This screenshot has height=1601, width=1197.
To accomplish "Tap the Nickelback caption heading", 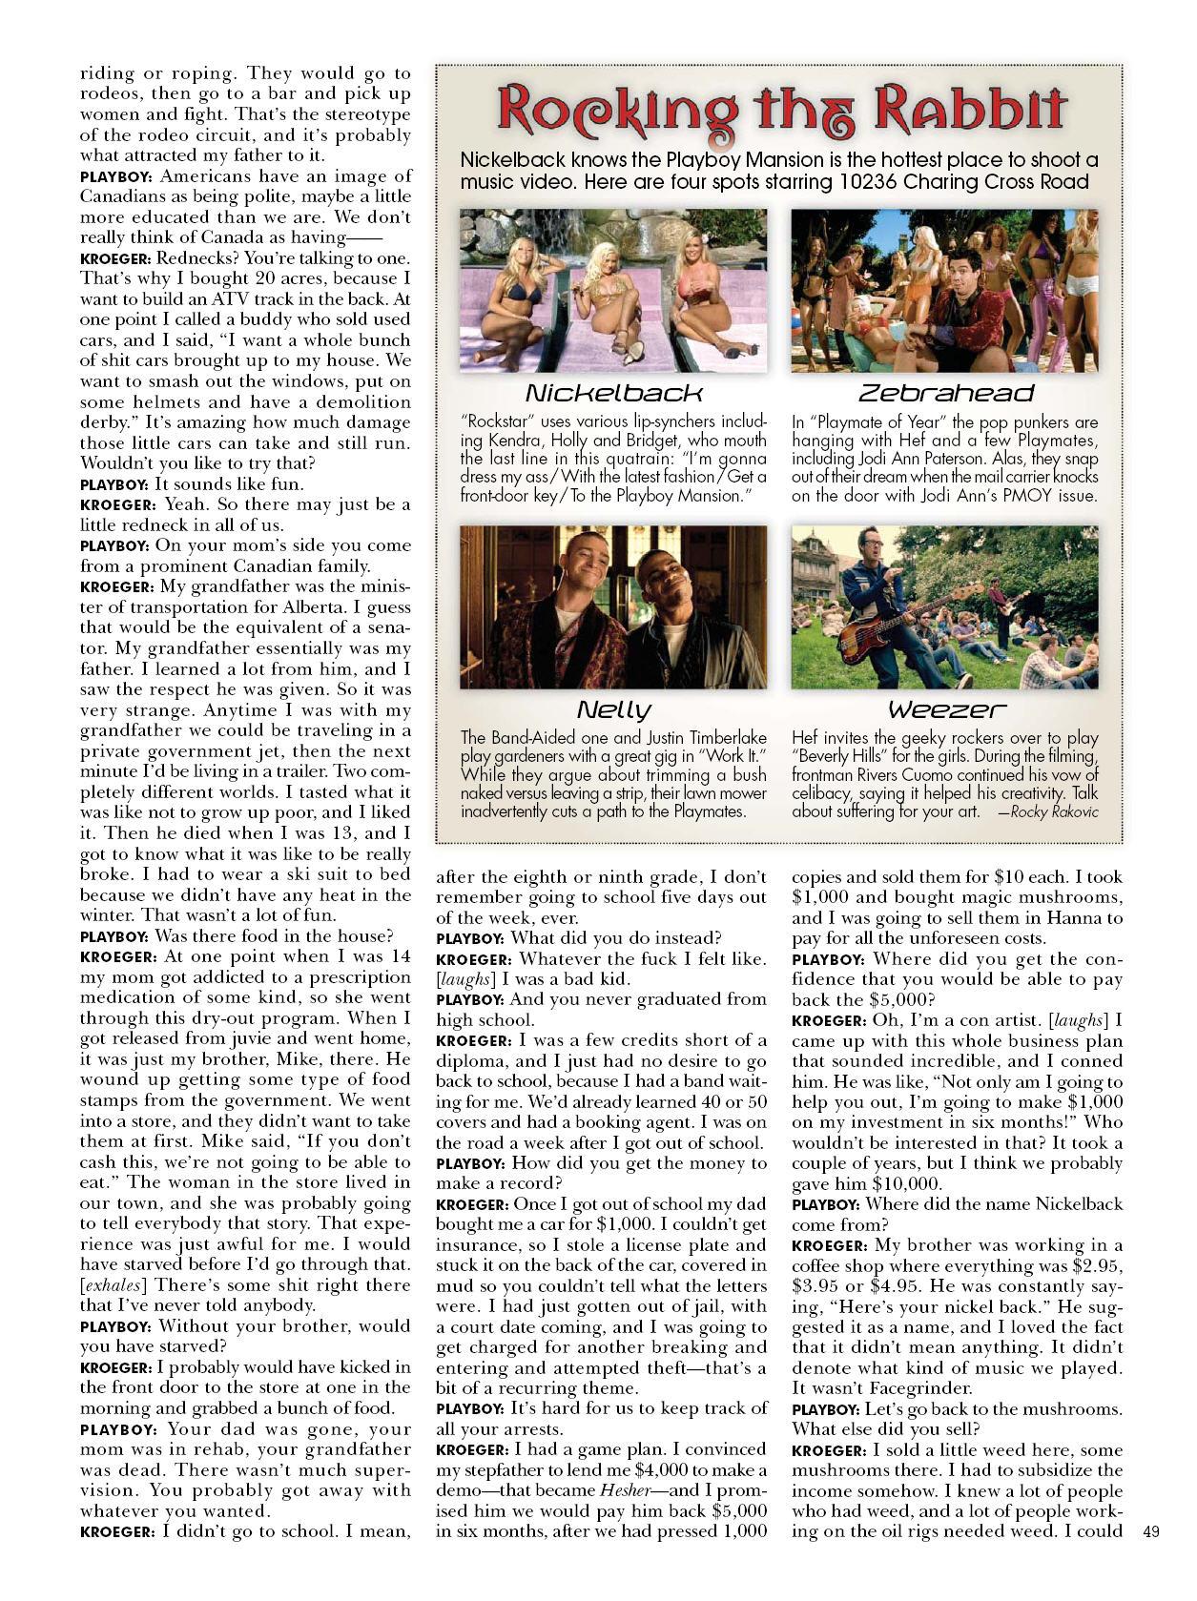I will point(613,393).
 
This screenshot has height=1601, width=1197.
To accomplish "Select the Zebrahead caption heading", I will point(945,393).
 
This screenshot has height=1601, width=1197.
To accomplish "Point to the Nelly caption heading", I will point(613,709).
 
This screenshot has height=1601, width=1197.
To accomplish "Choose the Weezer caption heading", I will point(945,709).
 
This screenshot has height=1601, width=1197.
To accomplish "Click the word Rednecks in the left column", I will point(196,258).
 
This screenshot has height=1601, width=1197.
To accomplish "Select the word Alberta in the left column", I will point(343,607).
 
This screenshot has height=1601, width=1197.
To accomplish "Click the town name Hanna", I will point(1066,917).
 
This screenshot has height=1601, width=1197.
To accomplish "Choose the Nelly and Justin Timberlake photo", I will point(613,606).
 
